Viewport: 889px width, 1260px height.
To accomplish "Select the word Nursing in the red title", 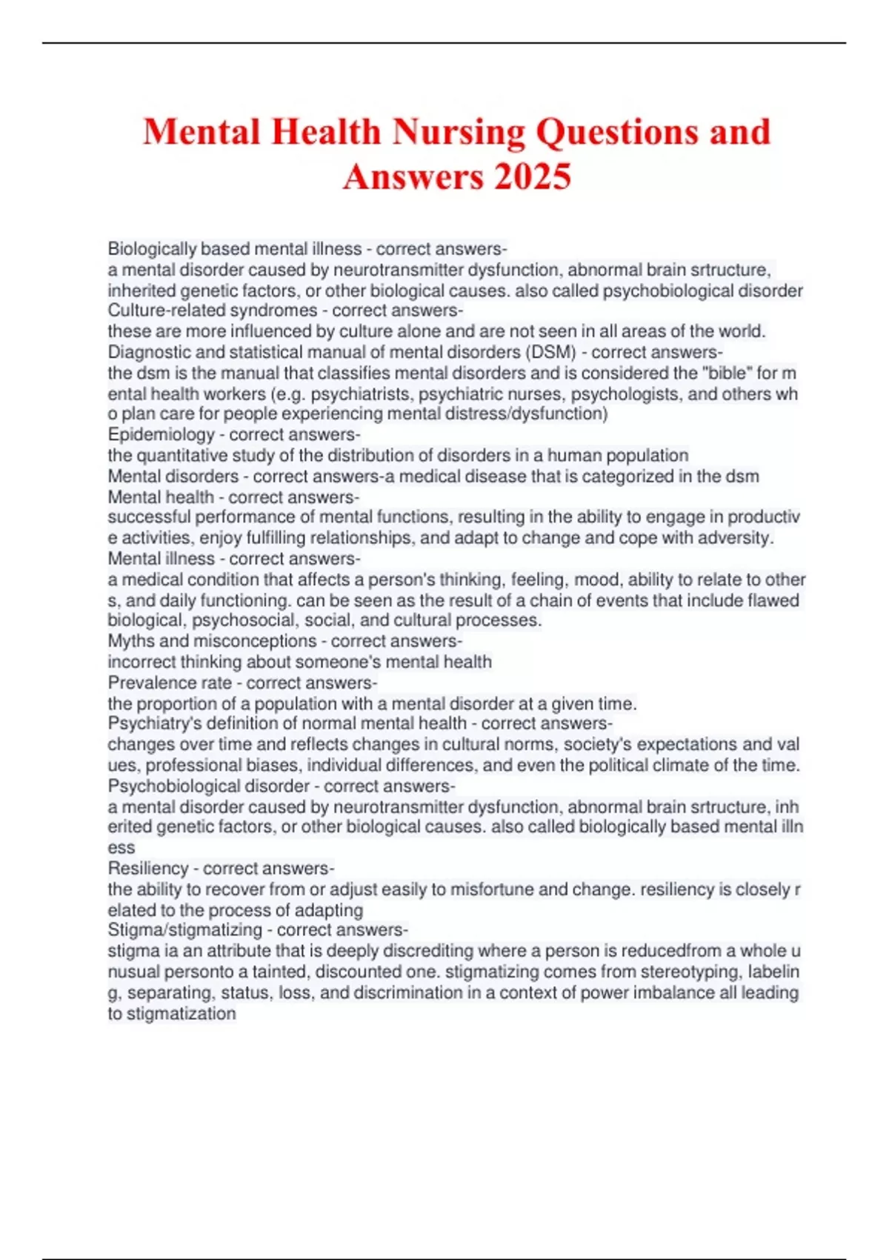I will (459, 132).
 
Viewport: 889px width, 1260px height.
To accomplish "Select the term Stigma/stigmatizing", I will (185, 930).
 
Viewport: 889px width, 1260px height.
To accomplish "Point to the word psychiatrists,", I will (362, 394).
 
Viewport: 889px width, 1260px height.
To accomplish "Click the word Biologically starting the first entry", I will (152, 248).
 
